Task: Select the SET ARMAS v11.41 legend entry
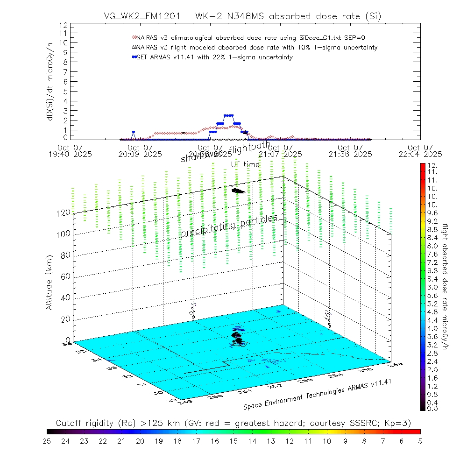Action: tap(214, 57)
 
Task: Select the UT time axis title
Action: tap(245, 164)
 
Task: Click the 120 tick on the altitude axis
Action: tap(64, 212)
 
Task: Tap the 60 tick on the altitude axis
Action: tap(64, 276)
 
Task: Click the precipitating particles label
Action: tap(229, 226)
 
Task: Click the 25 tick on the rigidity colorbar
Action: tap(47, 440)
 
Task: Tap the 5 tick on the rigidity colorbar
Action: tap(420, 440)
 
